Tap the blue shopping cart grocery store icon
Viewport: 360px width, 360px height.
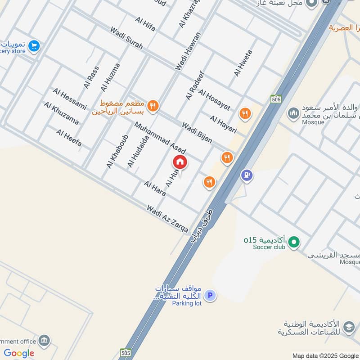(34, 46)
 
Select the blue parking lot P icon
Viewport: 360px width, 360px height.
(209, 296)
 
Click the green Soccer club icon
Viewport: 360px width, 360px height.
(294, 242)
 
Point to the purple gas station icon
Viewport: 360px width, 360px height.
(246, 175)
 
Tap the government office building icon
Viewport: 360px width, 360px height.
(44, 340)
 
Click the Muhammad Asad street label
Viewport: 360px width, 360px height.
(160, 137)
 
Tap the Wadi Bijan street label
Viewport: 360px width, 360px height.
(197, 132)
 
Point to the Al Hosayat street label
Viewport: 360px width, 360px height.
(214, 100)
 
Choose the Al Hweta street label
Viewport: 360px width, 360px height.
(243, 63)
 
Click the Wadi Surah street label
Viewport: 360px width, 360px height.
(126, 38)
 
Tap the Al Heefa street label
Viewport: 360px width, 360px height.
(69, 138)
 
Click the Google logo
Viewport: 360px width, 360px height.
(19, 353)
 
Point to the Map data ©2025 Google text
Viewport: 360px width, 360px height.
(325, 355)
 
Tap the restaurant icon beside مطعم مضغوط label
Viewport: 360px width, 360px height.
(153, 106)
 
